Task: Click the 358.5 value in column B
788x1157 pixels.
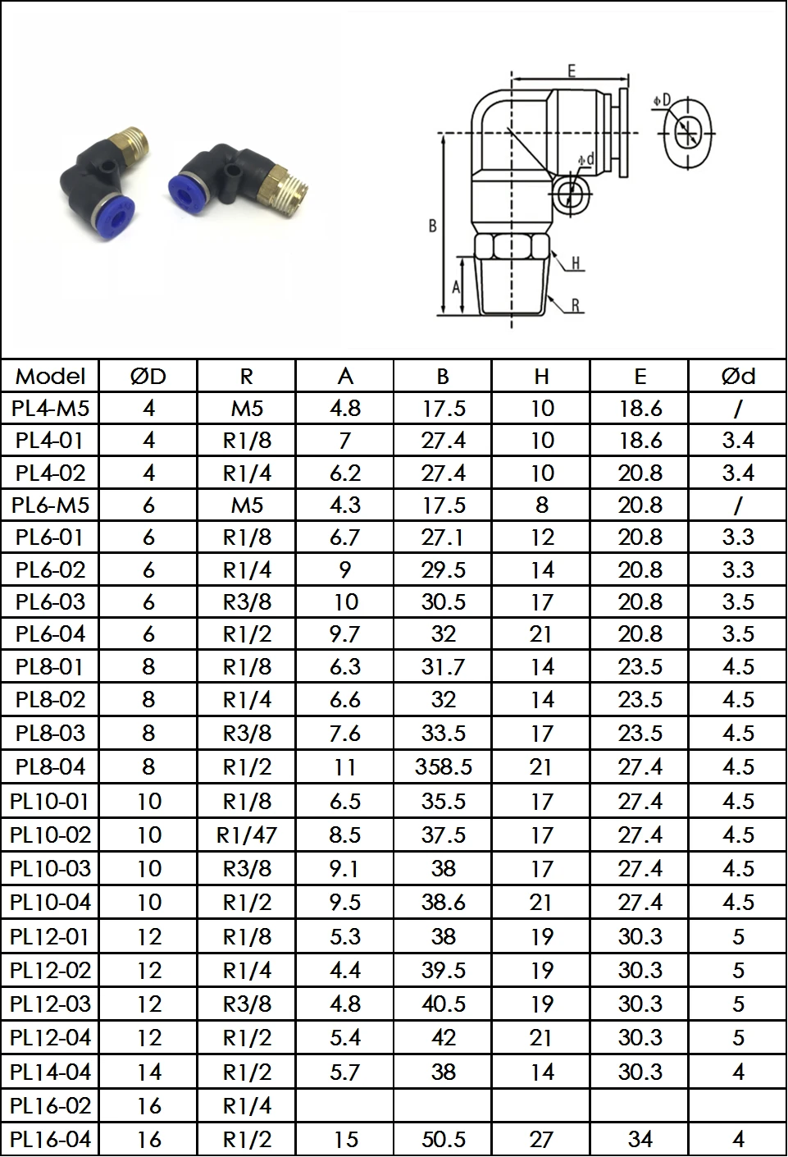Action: pos(444,767)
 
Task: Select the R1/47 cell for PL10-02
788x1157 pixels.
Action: pos(247,835)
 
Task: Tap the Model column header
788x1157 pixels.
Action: pos(50,376)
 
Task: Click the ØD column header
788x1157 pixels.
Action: pos(148,376)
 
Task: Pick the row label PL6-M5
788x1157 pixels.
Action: pos(50,505)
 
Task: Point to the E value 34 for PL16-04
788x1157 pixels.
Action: pos(640,1139)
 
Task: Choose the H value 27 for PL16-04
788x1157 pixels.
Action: pos(541,1139)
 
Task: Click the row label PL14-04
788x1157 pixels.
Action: pos(50,1072)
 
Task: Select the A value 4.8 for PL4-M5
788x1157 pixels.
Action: pos(345,409)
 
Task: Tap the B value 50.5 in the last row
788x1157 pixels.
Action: pos(444,1139)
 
